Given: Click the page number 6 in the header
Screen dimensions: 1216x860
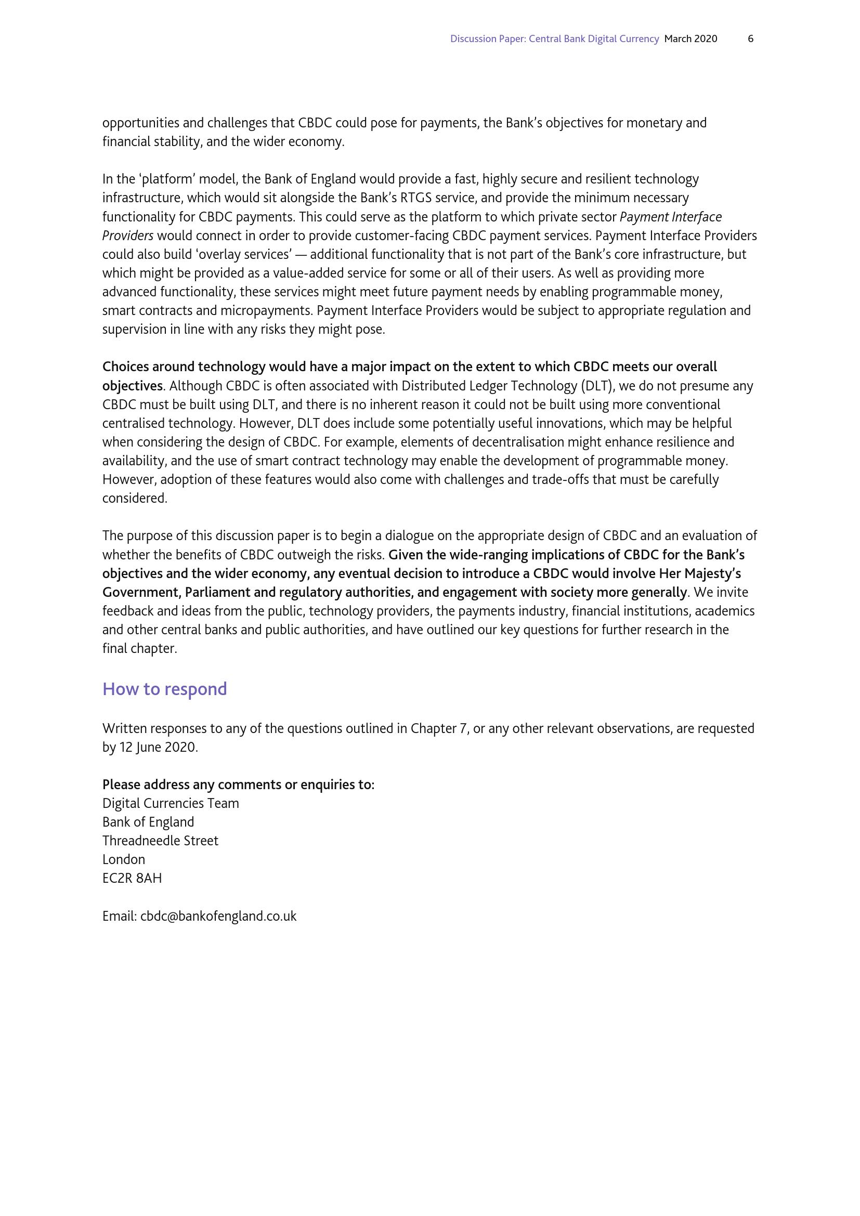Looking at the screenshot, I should coord(750,38).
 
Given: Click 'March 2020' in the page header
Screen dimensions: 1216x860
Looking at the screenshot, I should coord(690,38).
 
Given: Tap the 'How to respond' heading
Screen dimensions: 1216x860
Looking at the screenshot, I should coord(165,689).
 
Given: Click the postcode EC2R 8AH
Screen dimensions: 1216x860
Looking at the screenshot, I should coord(132,878).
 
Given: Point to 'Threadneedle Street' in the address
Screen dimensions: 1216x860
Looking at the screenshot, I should coord(160,841).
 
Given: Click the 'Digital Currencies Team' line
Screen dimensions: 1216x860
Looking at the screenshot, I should coord(171,803).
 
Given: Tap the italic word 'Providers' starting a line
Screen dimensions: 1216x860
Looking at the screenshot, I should coord(127,236).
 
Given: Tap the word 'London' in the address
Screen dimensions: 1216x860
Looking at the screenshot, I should coord(123,859).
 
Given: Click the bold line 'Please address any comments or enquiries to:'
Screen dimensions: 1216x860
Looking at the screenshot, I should coord(238,784).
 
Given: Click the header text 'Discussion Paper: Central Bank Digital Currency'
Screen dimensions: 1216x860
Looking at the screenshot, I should coord(554,38).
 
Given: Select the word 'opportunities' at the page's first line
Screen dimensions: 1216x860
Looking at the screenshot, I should coord(140,123).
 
